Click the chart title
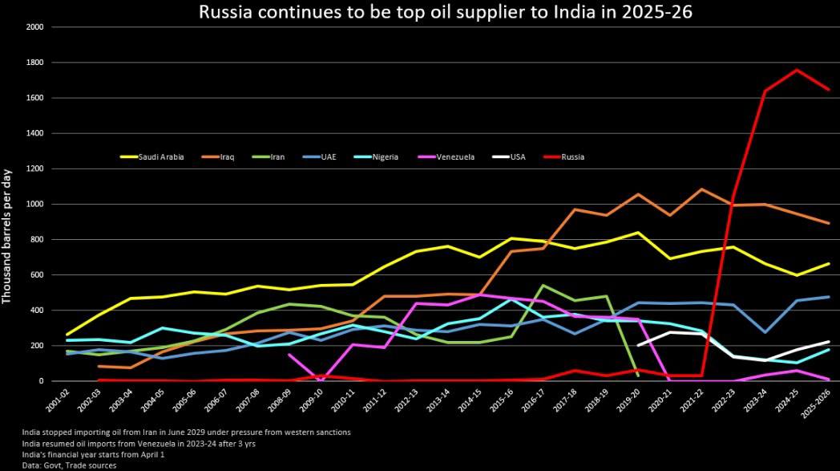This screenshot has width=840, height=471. (445, 12)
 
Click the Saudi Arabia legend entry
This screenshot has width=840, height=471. (152, 157)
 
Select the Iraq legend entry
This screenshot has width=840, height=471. (218, 157)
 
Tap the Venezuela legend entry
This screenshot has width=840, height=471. (446, 157)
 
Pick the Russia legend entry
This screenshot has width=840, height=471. (563, 157)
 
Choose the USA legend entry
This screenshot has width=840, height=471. (509, 157)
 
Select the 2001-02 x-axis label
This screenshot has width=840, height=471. (58, 400)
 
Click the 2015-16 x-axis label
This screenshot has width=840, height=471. (502, 400)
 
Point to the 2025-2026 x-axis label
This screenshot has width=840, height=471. (817, 401)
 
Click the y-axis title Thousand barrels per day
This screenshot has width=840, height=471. (6, 236)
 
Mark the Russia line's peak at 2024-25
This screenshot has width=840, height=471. (797, 70)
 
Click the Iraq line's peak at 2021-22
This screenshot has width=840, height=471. (701, 189)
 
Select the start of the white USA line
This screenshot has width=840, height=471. (637, 346)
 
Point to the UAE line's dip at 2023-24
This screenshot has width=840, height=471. (765, 333)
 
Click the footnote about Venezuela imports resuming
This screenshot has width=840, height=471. (139, 444)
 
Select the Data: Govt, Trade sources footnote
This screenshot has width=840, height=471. (69, 465)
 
